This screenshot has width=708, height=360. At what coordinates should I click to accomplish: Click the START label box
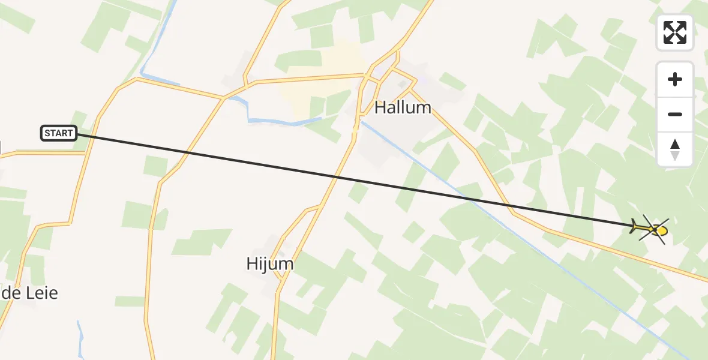(x=59, y=133)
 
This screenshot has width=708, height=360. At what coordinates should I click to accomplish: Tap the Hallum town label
(x=403, y=108)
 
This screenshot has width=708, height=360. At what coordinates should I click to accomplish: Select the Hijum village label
(x=270, y=263)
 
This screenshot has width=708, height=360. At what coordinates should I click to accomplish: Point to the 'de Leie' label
(x=29, y=293)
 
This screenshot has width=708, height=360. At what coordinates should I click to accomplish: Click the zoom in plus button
(x=675, y=79)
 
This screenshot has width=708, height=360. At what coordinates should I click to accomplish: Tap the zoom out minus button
(x=675, y=114)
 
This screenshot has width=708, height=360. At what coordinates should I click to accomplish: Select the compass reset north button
(x=675, y=149)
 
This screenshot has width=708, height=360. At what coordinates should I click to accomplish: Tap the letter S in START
(x=47, y=133)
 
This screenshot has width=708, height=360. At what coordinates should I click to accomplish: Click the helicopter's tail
(x=635, y=227)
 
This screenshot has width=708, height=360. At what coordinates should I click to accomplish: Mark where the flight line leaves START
(x=77, y=134)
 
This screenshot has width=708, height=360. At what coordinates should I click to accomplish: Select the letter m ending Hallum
(x=424, y=108)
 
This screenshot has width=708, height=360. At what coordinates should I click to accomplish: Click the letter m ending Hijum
(x=287, y=263)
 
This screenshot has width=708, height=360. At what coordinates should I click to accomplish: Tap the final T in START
(x=70, y=133)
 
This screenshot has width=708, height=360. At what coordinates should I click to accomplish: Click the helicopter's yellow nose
(x=662, y=230)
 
